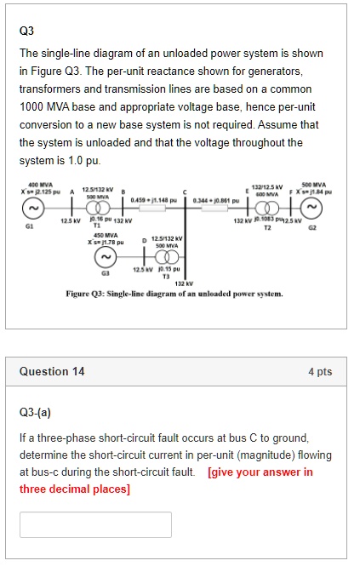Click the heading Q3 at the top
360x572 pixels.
(26, 31)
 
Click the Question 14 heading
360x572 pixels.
(52, 371)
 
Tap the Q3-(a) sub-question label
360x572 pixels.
(35, 414)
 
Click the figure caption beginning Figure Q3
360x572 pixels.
(174, 294)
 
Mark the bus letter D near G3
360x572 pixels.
(143, 240)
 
